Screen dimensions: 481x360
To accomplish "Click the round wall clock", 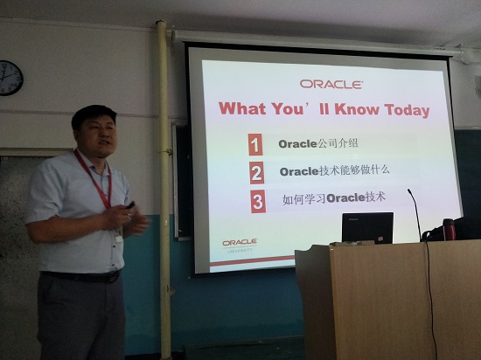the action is pyautogui.click(x=10, y=78).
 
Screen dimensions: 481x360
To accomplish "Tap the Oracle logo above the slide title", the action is pyautogui.click(x=331, y=84).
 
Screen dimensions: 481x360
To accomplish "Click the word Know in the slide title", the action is pyautogui.click(x=357, y=109).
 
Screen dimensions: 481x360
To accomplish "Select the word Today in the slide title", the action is pyautogui.click(x=407, y=111).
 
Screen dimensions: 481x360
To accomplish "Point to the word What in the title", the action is pyautogui.click(x=242, y=108).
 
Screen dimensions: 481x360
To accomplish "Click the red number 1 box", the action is pyautogui.click(x=255, y=144).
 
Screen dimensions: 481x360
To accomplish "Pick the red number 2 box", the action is pyautogui.click(x=257, y=173).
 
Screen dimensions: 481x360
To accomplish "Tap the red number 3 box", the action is pyautogui.click(x=258, y=201).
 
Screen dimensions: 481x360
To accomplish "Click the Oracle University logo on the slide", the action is pyautogui.click(x=240, y=246).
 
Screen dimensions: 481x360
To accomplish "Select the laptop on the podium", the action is pyautogui.click(x=367, y=228).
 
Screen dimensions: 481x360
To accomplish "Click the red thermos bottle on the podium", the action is pyautogui.click(x=450, y=229).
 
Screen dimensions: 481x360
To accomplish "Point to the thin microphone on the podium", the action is pyautogui.click(x=415, y=214).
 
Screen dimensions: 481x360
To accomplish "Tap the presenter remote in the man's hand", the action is pyautogui.click(x=130, y=205).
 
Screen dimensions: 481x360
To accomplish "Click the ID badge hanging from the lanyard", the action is pyautogui.click(x=118, y=236).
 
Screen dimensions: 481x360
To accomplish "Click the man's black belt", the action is pyautogui.click(x=81, y=277).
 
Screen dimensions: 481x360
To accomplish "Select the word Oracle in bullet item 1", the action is pyautogui.click(x=297, y=144).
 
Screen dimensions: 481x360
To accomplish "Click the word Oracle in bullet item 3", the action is pyautogui.click(x=345, y=198).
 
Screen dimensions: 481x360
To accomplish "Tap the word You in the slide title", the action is pyautogui.click(x=287, y=108).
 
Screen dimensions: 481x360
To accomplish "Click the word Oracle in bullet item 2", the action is pyautogui.click(x=299, y=171).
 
